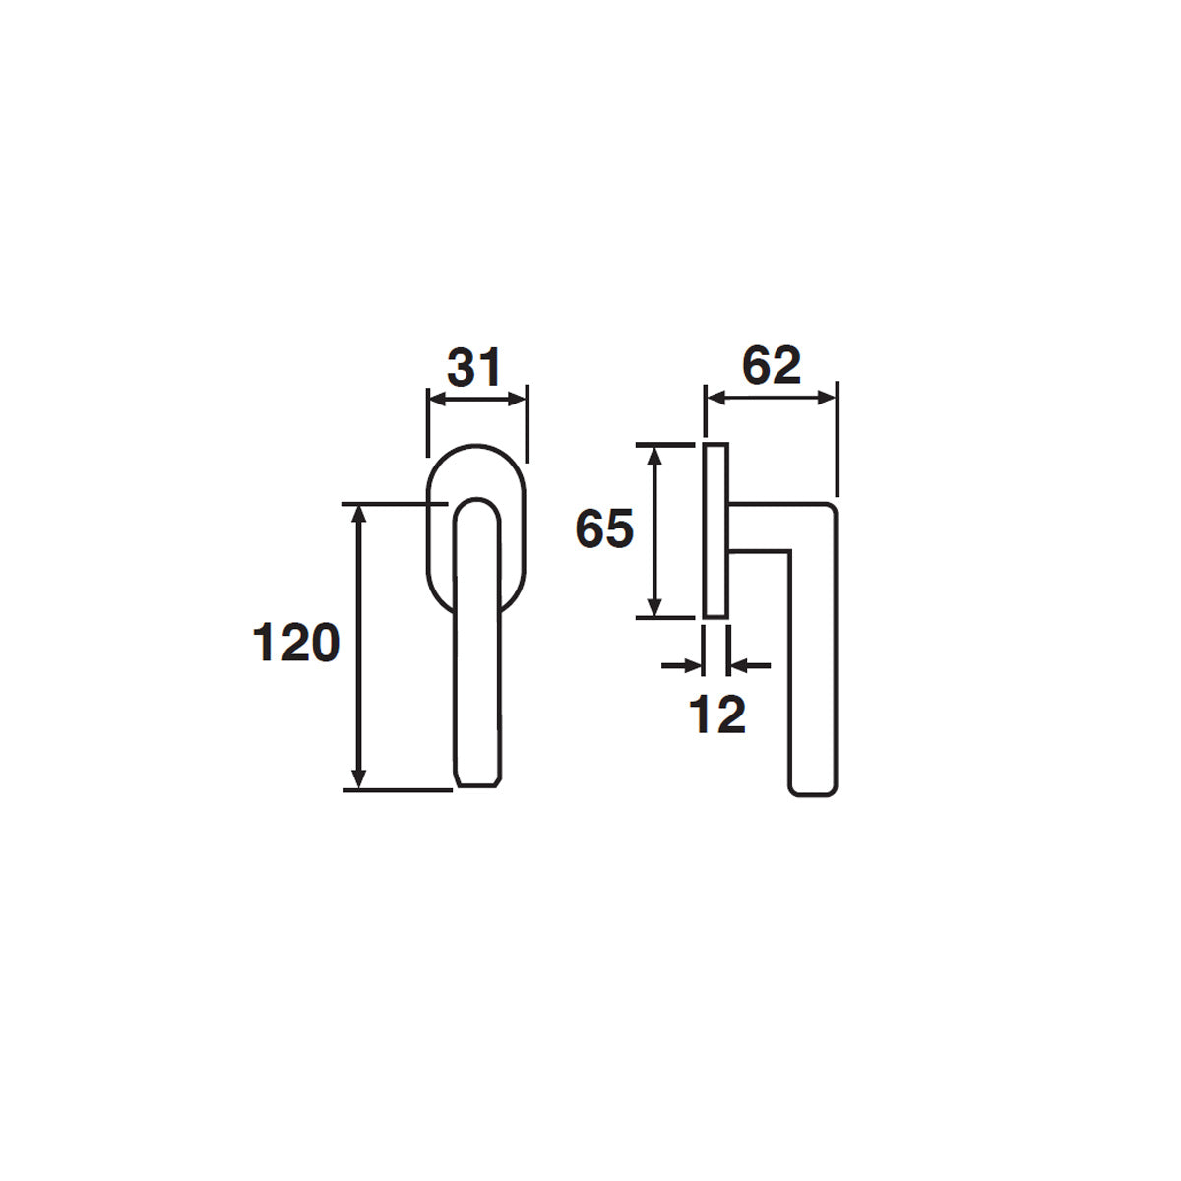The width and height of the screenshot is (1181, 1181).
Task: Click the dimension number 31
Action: [x=474, y=368]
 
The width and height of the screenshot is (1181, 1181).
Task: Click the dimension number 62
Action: [x=771, y=366]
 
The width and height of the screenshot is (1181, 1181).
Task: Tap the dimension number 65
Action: [x=604, y=528]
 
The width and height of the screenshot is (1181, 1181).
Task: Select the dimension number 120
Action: [x=296, y=642]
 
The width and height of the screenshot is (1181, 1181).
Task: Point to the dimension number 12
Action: [x=717, y=715]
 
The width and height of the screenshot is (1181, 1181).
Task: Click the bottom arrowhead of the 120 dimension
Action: [x=359, y=778]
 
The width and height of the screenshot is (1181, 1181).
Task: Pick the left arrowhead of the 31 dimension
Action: [x=439, y=400]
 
